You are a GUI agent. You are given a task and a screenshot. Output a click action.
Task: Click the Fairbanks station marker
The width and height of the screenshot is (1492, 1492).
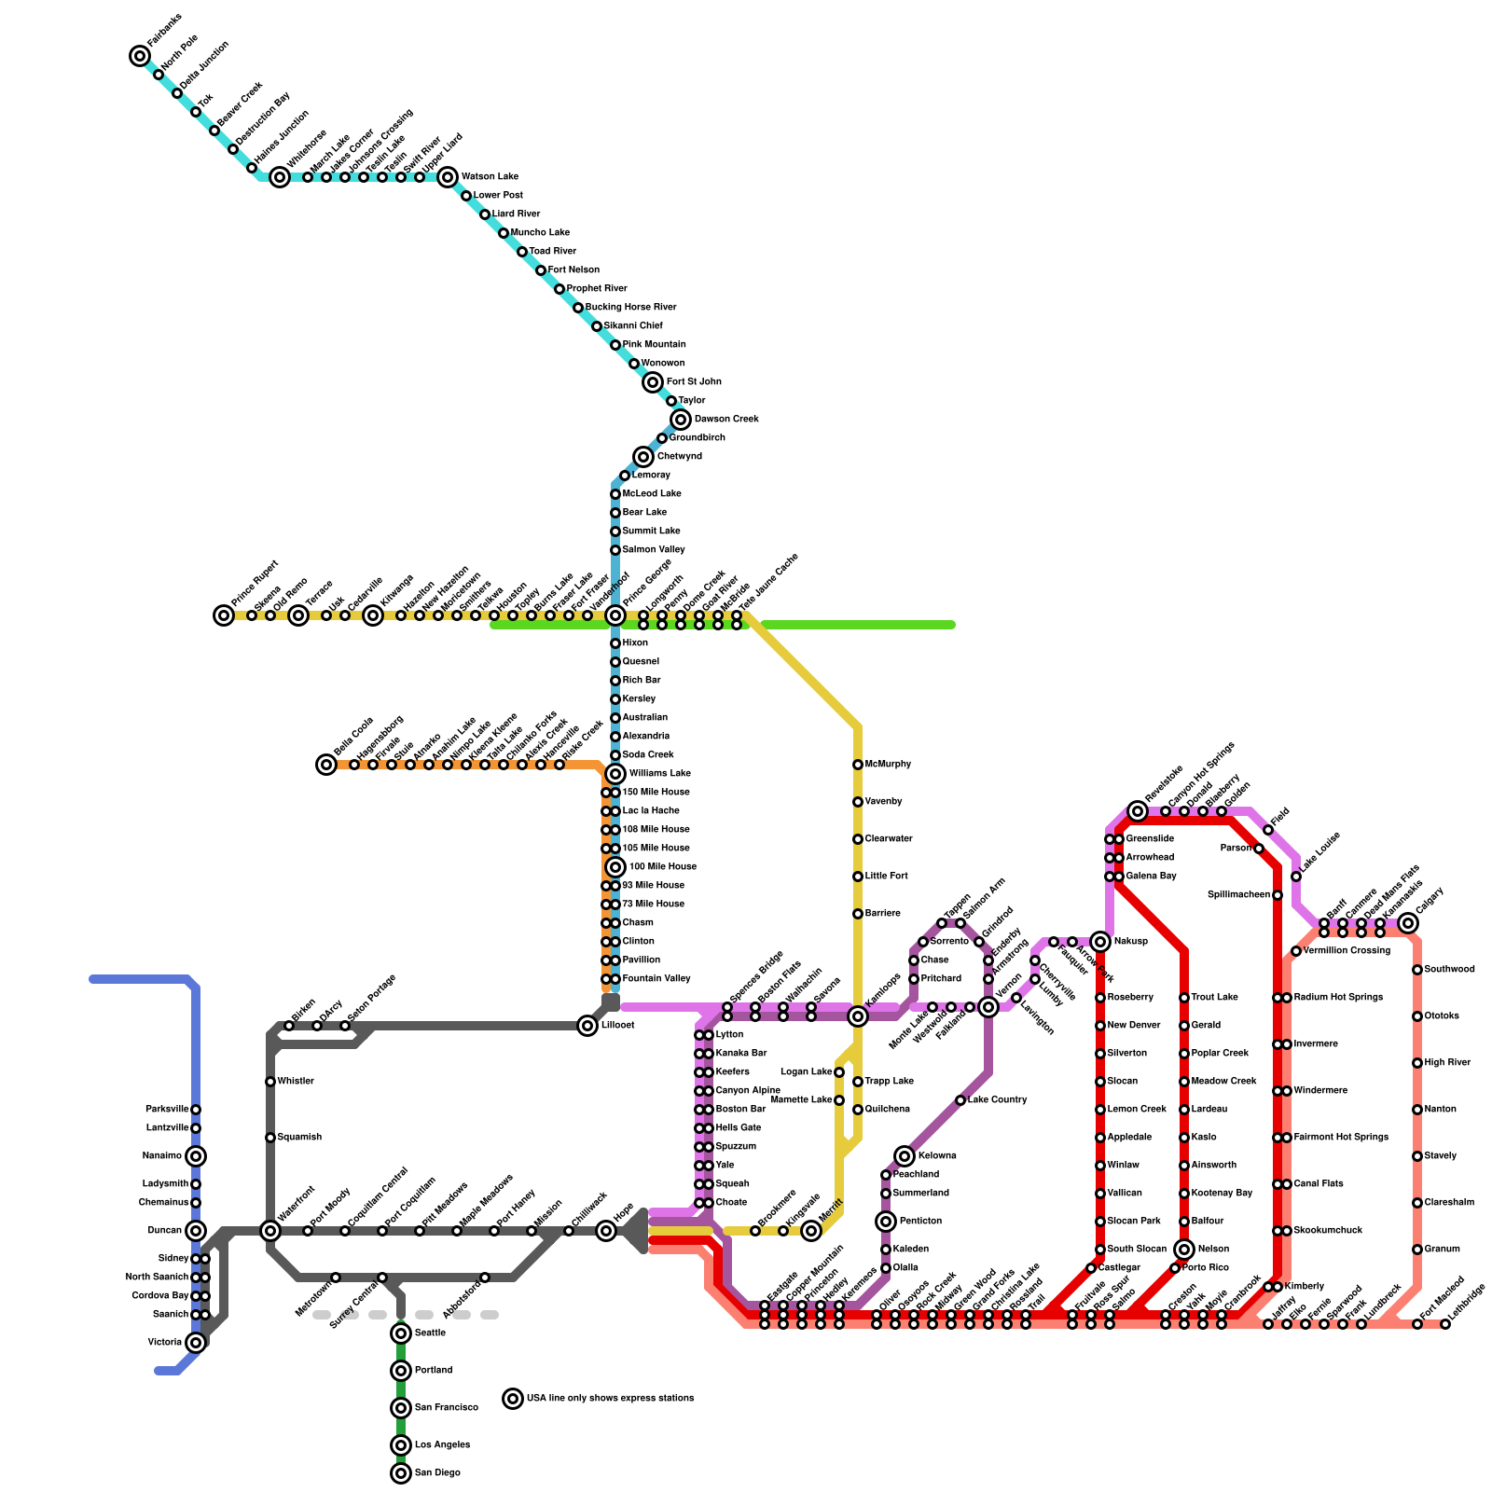[x=140, y=56]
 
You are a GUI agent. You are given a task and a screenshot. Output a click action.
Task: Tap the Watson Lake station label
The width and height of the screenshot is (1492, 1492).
[x=490, y=177]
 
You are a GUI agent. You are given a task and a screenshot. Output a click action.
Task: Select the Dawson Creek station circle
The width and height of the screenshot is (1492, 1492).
[x=681, y=420]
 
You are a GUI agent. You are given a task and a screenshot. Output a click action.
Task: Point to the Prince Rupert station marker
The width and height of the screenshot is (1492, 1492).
[x=224, y=615]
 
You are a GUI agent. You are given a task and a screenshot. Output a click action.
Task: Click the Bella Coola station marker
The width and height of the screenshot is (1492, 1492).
[x=326, y=765]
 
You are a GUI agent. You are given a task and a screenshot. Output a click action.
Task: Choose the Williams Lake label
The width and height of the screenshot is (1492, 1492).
[x=660, y=774]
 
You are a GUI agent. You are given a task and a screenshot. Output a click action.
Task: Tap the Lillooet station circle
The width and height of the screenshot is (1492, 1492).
[x=587, y=1026]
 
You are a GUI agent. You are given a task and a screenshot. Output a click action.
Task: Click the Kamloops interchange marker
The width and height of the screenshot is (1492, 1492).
[x=858, y=1016]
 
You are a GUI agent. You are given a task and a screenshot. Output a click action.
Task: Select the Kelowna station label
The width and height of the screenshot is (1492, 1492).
[x=937, y=1156]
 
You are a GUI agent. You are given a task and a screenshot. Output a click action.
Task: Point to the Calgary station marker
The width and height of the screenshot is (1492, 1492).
[x=1408, y=923]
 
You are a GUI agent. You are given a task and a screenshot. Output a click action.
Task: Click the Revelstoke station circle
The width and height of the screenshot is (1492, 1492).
[x=1138, y=811]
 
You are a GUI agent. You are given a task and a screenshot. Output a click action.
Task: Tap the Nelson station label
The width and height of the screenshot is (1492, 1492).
[x=1213, y=1250]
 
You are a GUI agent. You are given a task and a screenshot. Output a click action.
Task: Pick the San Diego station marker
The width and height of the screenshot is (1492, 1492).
[x=401, y=1473]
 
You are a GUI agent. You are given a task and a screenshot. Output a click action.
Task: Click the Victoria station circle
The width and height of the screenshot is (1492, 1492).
[x=196, y=1343]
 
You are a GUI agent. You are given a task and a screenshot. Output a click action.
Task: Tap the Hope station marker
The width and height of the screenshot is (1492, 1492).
[x=606, y=1231]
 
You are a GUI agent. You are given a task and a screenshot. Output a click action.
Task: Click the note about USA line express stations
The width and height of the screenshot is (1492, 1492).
[x=610, y=1399]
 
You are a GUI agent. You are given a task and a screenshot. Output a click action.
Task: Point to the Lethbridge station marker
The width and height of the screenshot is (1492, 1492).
[x=1445, y=1324]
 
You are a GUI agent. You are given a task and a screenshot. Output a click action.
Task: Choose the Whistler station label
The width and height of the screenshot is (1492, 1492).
[x=296, y=1082]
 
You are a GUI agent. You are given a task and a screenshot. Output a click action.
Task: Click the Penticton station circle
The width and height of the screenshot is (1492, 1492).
[x=886, y=1222]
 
